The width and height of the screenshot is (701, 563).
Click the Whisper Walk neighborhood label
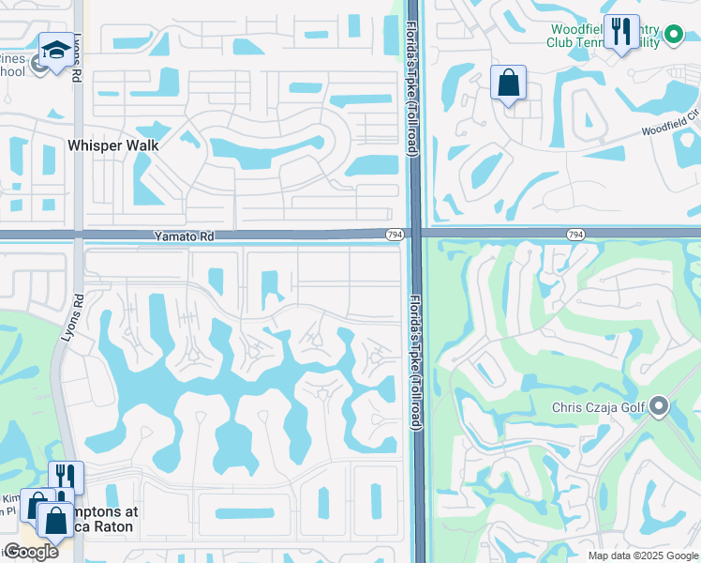click(113, 145)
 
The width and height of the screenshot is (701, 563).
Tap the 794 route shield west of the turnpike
click(395, 234)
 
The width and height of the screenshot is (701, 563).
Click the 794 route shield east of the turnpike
click(575, 234)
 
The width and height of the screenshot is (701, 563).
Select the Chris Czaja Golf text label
click(599, 407)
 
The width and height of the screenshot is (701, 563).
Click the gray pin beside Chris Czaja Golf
click(659, 406)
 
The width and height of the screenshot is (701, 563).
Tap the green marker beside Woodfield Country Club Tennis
click(673, 37)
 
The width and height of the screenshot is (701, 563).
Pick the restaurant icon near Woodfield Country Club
click(621, 32)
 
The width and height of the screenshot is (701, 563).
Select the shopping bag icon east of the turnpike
click(508, 83)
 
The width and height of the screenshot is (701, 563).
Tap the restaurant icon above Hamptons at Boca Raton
click(66, 478)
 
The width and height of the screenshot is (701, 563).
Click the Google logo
click(30, 552)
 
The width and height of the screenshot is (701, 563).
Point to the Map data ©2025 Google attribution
click(643, 555)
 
